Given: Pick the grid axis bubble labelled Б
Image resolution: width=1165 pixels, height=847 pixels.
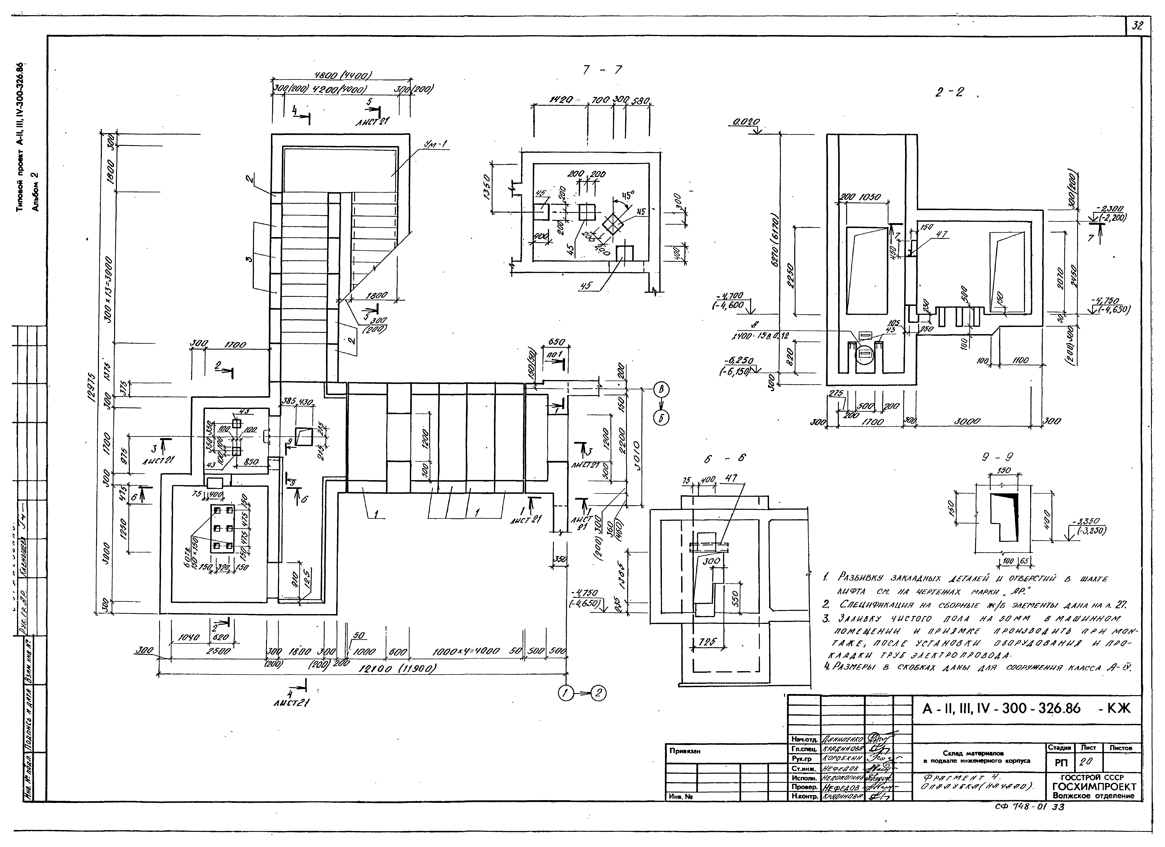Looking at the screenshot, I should (661, 419).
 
